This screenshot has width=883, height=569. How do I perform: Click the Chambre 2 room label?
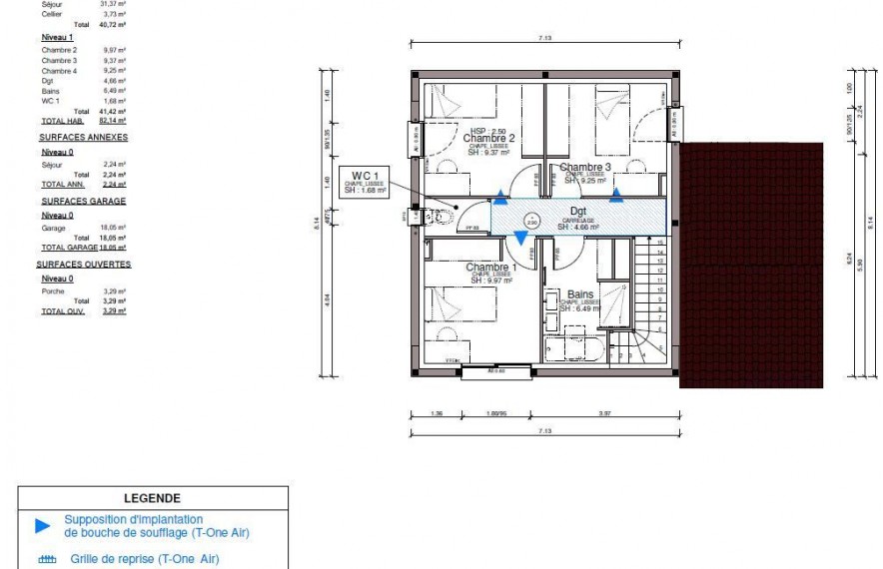click(x=488, y=138)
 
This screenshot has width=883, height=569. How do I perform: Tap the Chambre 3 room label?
click(x=585, y=167)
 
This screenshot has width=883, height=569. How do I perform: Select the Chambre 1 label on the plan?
click(x=490, y=268)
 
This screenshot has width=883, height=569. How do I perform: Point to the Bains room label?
click(x=580, y=294)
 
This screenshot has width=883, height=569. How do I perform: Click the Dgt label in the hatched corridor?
click(x=578, y=212)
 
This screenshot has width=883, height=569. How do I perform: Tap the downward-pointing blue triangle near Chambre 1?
click(x=520, y=237)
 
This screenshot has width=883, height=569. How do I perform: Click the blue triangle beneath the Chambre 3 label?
click(x=616, y=195)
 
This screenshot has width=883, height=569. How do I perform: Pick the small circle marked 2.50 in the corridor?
click(x=531, y=222)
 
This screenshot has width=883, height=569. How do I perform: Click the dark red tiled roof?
click(x=751, y=265)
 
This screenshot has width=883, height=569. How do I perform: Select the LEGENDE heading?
click(x=152, y=497)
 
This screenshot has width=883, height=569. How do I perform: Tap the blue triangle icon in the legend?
click(x=42, y=525)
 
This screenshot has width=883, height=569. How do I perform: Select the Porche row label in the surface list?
click(x=53, y=291)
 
